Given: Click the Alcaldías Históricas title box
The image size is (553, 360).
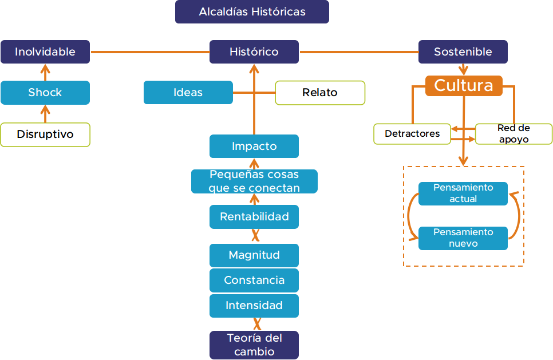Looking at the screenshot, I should click(252, 11).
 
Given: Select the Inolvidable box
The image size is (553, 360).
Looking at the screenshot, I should click(45, 52).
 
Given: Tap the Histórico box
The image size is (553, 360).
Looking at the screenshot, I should click(254, 52).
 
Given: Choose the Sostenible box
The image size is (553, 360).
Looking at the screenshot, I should click(463, 52).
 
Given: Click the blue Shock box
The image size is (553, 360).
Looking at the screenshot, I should click(45, 92).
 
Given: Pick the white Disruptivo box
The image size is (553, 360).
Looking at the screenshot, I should click(45, 134).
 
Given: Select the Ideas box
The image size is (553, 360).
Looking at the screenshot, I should click(188, 92).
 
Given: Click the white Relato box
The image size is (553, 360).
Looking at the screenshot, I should click(320, 93).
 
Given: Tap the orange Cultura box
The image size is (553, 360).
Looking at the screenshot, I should click(464, 85).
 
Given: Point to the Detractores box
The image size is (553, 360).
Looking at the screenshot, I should click(412, 134).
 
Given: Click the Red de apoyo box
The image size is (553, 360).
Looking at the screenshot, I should click(513, 134).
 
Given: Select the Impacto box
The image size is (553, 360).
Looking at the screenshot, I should click(254, 146).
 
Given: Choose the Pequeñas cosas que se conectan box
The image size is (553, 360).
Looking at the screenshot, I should click(254, 181).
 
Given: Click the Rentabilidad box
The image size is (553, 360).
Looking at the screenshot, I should click(254, 217).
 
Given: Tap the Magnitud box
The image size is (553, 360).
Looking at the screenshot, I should click(254, 255).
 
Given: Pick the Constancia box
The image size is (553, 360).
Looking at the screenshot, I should click(254, 280).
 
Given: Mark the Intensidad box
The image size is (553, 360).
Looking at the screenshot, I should click(254, 306).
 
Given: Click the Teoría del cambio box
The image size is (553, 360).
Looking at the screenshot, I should click(254, 345).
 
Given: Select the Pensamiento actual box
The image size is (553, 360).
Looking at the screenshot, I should click(463, 193).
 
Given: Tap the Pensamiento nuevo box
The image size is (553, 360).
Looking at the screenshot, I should click(463, 238).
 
